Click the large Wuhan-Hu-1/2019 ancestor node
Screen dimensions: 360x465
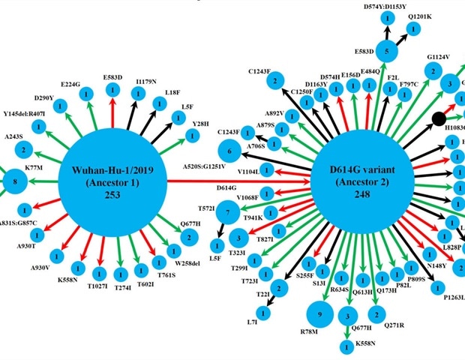112,181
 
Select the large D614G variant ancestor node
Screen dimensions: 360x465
362,180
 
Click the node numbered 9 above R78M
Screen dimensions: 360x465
321,314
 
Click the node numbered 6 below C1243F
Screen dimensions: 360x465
229,151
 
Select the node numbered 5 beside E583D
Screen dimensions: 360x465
386,52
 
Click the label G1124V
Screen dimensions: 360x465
438,57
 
